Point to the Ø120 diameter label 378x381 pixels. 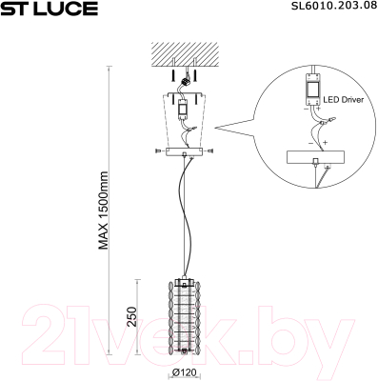pos(186,373)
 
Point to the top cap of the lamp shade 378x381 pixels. pos(186,280)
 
